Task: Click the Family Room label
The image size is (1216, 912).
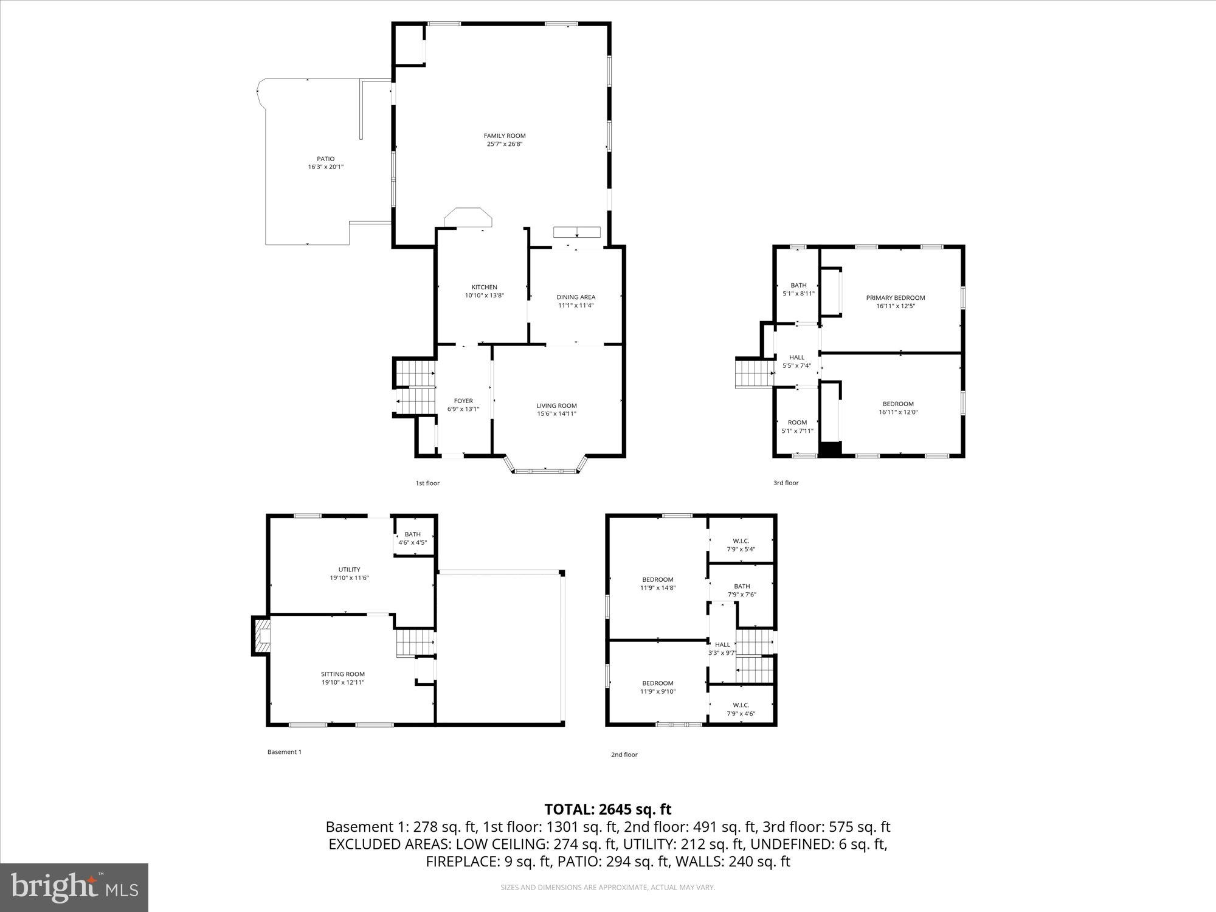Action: [504, 136]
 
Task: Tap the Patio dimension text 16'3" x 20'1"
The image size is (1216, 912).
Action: [325, 167]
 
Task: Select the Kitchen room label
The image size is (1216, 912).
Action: [484, 287]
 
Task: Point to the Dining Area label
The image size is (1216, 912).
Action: [575, 297]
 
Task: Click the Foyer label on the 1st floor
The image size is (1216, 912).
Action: [463, 401]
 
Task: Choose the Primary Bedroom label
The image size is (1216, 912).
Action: [895, 298]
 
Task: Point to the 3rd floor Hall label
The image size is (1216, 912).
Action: [796, 358]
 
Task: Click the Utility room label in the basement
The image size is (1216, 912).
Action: [349, 570]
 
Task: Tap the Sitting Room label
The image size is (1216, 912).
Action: [343, 674]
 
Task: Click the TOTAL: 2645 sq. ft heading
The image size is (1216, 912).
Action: [607, 809]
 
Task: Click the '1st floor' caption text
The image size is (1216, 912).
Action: [427, 483]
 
